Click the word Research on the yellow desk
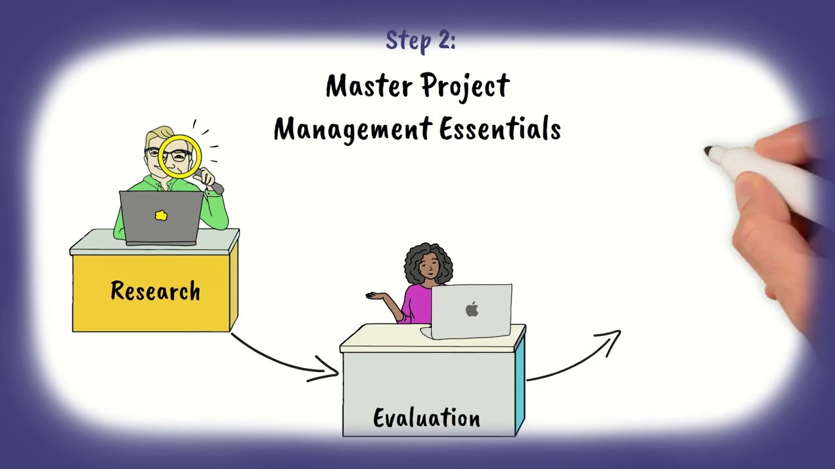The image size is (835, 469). pos(155,291)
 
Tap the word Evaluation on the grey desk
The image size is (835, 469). pos(427,418)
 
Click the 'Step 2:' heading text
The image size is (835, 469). pos(421,41)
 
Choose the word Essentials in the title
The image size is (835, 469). pos(500,129)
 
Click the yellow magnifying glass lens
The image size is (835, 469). pos(179,156)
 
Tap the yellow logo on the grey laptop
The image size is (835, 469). pos(161,215)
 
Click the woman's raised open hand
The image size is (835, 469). pos(377,296)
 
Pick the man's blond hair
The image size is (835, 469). pos(157,137)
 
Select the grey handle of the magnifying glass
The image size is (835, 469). pos(212,184)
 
